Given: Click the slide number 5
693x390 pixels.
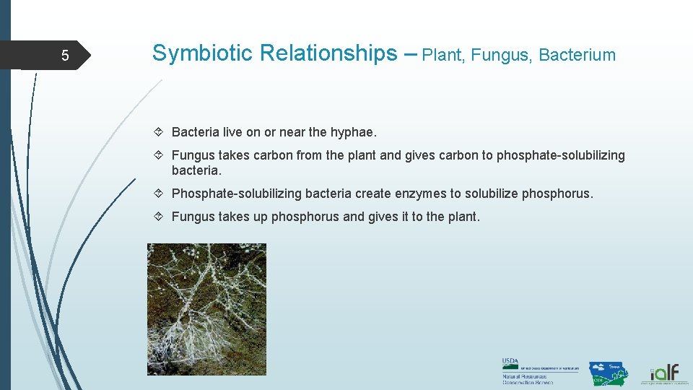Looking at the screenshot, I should [65, 56].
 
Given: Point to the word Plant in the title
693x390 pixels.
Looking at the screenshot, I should [442, 55].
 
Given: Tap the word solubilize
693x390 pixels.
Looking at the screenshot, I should [491, 194].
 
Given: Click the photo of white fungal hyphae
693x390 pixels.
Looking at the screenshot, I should [206, 309].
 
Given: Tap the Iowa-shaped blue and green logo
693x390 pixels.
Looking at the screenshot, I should [608, 373].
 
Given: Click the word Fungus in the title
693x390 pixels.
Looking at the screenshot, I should [501, 55].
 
